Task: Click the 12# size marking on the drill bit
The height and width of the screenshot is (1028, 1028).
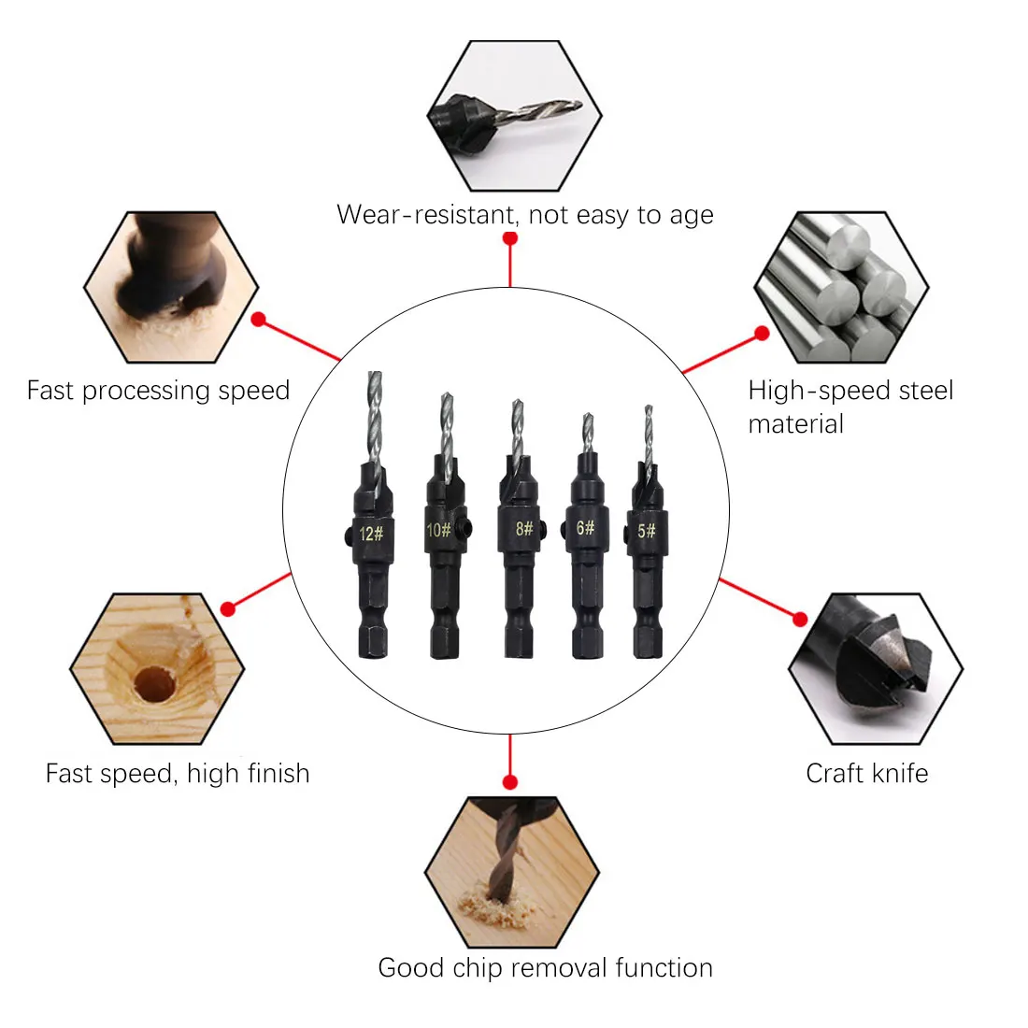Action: pos(371,534)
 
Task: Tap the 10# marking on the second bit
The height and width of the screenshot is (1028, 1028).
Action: pos(438,531)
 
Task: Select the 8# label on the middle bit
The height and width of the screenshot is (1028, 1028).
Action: pos(524,529)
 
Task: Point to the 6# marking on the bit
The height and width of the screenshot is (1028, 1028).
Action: pos(586,528)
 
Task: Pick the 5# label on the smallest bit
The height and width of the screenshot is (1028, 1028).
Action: pos(646,531)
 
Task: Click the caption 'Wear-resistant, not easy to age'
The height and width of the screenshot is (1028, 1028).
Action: pos(524,215)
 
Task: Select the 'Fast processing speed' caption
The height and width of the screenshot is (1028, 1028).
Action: pos(158,390)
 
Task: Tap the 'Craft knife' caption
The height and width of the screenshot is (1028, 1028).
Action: pos(866,773)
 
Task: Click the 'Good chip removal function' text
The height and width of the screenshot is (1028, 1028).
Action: pos(545,967)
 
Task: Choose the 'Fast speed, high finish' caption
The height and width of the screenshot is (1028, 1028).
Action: pos(178,773)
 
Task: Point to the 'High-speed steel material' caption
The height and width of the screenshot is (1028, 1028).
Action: pos(850,407)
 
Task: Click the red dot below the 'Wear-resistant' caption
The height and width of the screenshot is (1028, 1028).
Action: pos(510,238)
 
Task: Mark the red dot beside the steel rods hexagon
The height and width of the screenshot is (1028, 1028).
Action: pos(762,333)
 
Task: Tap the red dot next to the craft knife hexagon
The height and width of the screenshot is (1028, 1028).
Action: pos(800,619)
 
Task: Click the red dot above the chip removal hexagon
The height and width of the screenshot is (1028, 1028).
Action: pos(510,781)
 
